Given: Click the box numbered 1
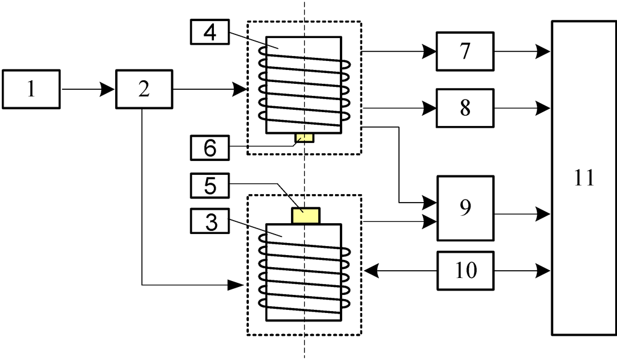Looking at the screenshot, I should [x=31, y=89].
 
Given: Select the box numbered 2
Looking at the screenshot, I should [x=143, y=89].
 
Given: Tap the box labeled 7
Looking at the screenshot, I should [x=465, y=52].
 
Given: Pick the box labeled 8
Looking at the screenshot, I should [x=465, y=108].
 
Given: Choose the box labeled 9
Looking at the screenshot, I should [x=465, y=207].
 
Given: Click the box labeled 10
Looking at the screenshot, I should [x=465, y=270].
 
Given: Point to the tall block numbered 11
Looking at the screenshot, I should [x=584, y=178].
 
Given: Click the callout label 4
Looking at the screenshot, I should [x=210, y=31].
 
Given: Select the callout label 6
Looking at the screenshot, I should [x=210, y=147].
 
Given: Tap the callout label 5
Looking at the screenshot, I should [x=210, y=186].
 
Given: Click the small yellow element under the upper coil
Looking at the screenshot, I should [x=304, y=138].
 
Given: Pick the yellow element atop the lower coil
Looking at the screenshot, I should [x=305, y=215].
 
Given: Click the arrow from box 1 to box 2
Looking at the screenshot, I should [x=88, y=89].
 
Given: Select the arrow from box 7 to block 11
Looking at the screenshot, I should [x=522, y=52].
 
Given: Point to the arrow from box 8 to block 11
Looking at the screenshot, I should [x=522, y=108].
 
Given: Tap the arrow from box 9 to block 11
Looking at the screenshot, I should [x=522, y=213].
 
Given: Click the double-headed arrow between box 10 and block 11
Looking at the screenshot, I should [x=522, y=270].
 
